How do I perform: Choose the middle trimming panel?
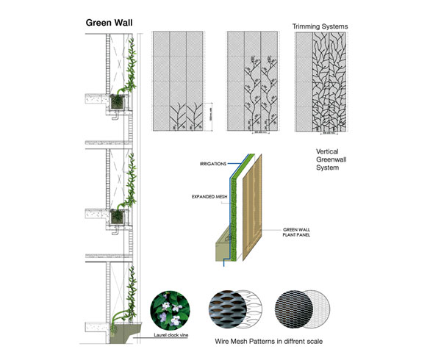251,82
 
